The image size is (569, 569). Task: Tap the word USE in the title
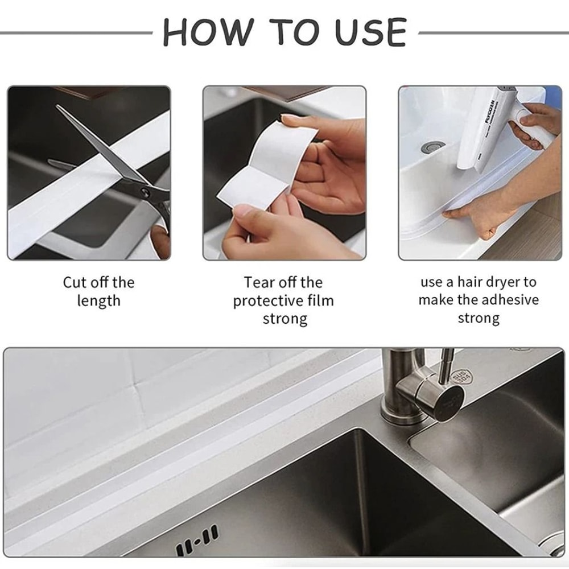pyautogui.click(x=370, y=32)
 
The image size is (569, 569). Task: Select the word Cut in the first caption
pyautogui.click(x=75, y=282)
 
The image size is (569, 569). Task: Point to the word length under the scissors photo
pyautogui.click(x=98, y=300)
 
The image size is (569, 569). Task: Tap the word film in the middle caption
pyautogui.click(x=319, y=300)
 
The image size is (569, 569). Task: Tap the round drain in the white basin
pyautogui.click(x=432, y=148)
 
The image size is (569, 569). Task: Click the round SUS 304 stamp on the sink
pyautogui.click(x=458, y=377)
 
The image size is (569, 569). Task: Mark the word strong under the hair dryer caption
pyautogui.click(x=479, y=318)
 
